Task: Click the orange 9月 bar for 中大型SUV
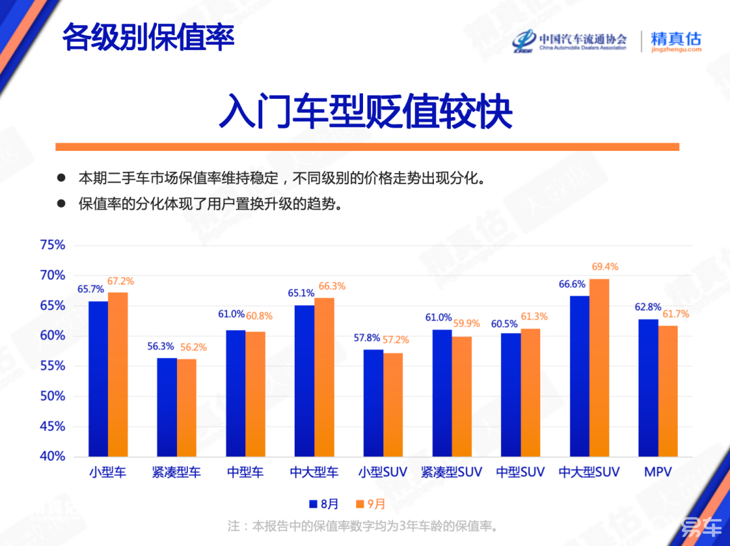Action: (x=599, y=367)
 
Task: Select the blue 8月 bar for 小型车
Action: (x=99, y=379)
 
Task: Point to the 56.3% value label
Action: (x=160, y=346)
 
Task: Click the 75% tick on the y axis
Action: (x=53, y=245)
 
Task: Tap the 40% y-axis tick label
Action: (x=53, y=457)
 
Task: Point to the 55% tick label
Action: (x=53, y=366)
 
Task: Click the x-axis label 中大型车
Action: (x=314, y=472)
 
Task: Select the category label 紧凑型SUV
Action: (x=452, y=472)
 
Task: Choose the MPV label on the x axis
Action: (x=658, y=472)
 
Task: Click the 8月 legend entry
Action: (x=324, y=504)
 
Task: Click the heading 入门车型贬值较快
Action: (x=366, y=112)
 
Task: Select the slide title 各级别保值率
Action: (x=148, y=37)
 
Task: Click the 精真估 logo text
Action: (x=676, y=39)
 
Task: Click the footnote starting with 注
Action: (x=364, y=526)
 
